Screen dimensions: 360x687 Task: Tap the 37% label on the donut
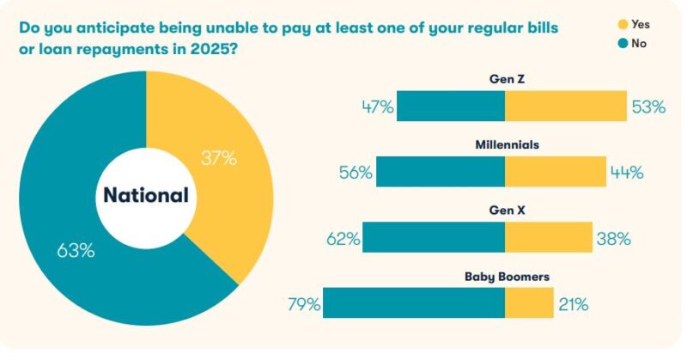(x=218, y=158)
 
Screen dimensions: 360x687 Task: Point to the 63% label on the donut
(x=76, y=251)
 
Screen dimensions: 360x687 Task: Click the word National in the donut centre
(x=146, y=195)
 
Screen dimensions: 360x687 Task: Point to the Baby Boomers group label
(x=507, y=277)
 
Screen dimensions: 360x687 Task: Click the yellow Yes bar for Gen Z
(x=565, y=107)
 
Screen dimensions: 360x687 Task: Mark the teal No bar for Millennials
(x=440, y=172)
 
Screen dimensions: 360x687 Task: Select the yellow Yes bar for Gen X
(x=548, y=238)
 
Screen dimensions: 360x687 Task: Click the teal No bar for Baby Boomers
(x=413, y=303)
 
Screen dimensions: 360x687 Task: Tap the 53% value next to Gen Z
(x=648, y=107)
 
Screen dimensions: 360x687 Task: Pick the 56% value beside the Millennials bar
(x=355, y=172)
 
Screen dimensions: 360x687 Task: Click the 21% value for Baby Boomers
(x=573, y=303)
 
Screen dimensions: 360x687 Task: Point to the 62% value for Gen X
(x=342, y=238)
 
